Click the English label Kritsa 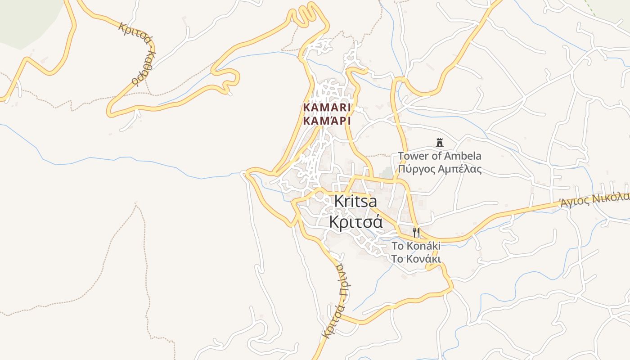[355, 202]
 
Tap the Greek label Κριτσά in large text [355, 222]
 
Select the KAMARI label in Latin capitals [327, 108]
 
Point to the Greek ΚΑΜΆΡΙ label [327, 121]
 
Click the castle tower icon [440, 143]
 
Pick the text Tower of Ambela [439, 156]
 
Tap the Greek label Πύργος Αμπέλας [439, 169]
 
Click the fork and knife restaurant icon [416, 233]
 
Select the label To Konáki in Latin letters [416, 246]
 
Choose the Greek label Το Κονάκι [416, 259]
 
